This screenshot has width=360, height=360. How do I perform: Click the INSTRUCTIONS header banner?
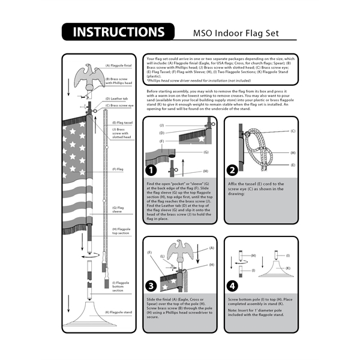pyautogui.click(x=118, y=32)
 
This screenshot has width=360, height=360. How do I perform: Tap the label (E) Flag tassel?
pyautogui.click(x=121, y=122)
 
